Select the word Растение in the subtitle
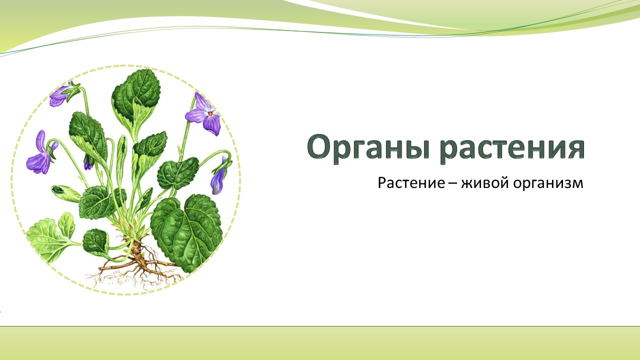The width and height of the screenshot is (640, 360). coord(411,183)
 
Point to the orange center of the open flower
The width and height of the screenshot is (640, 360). coord(210,114)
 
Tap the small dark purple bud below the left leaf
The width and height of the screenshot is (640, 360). coord(88,163)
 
